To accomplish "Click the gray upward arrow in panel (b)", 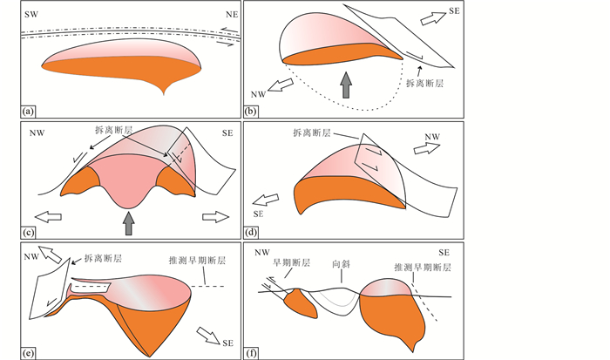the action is click(x=347, y=85).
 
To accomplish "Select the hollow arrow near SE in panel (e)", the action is click(x=210, y=333).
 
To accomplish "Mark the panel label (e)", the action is click(x=30, y=351).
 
